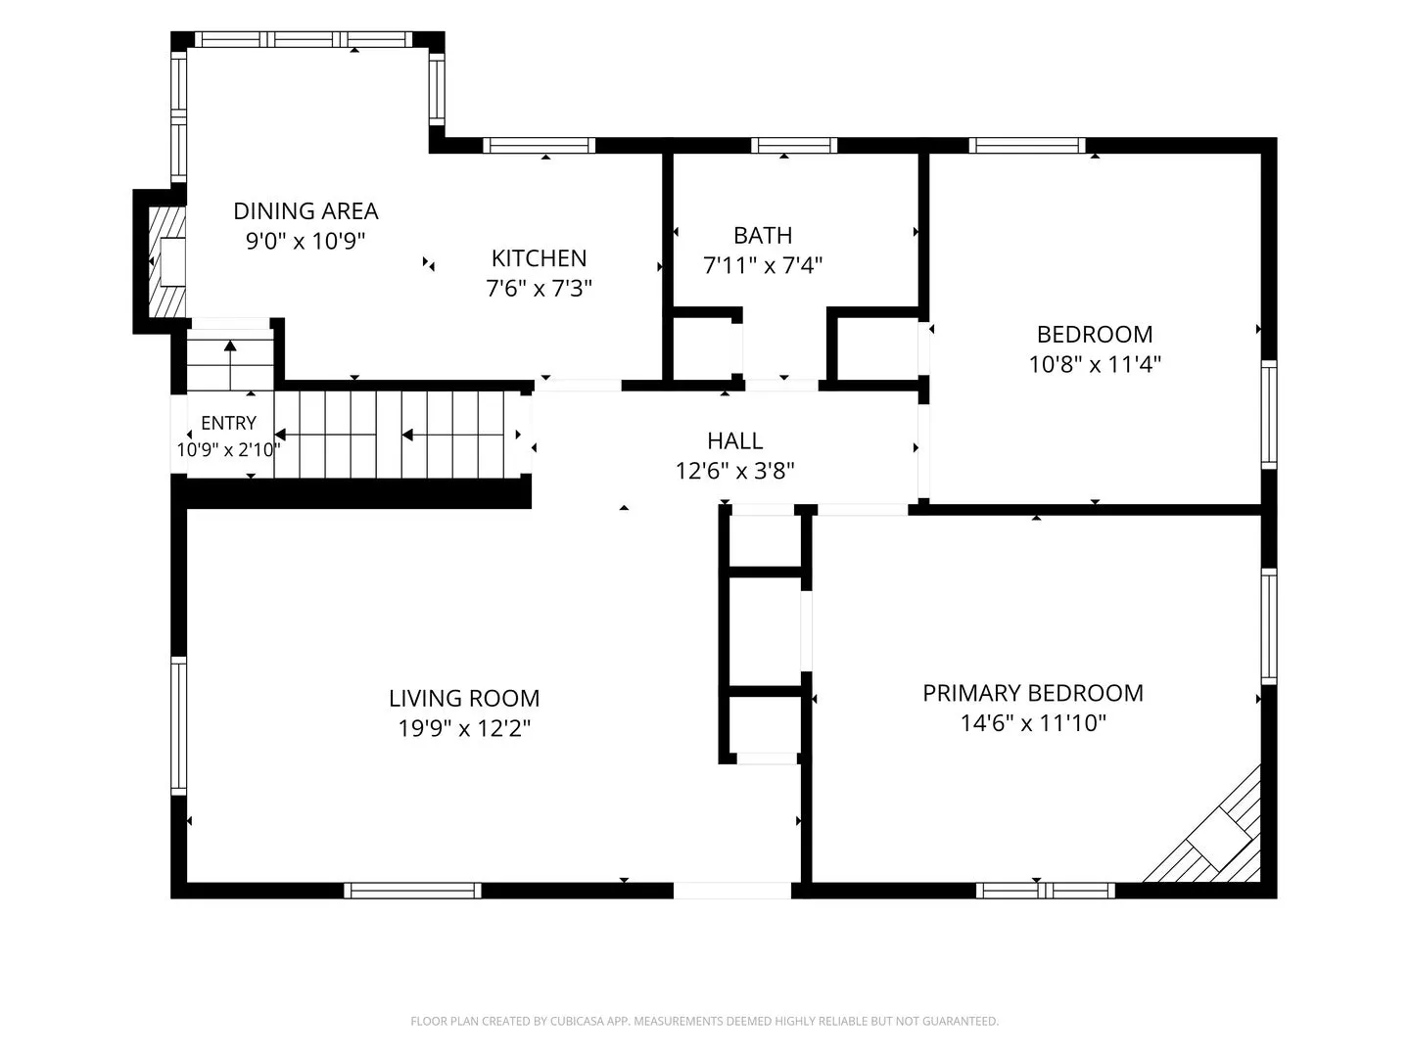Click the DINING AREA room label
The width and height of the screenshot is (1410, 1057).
(x=305, y=211)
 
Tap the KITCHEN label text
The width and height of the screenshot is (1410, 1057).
(x=539, y=258)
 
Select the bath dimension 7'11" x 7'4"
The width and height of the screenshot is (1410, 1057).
(x=763, y=265)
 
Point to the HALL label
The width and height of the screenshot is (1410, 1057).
(x=735, y=440)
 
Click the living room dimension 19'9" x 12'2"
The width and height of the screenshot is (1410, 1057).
(x=464, y=728)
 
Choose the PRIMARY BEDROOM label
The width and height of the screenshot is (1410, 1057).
(x=1033, y=693)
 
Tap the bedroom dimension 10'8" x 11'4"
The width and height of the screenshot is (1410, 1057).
(x=1095, y=364)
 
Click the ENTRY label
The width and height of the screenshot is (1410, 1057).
(x=229, y=423)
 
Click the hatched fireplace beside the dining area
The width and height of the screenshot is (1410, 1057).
(x=167, y=262)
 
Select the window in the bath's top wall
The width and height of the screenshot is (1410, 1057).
(x=794, y=146)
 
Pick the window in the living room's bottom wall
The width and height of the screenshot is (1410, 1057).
(x=412, y=891)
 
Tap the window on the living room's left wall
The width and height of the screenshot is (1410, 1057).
(x=178, y=726)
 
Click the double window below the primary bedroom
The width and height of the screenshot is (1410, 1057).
(x=1045, y=891)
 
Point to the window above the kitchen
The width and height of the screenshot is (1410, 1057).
(x=539, y=146)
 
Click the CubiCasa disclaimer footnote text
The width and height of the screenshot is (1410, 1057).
(x=705, y=1021)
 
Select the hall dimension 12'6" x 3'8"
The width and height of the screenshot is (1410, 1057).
(x=735, y=471)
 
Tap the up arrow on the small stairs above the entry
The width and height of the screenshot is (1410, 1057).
(x=231, y=365)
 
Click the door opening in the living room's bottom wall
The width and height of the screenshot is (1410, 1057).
(x=732, y=891)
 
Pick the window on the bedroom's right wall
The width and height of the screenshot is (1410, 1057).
(x=1269, y=415)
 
